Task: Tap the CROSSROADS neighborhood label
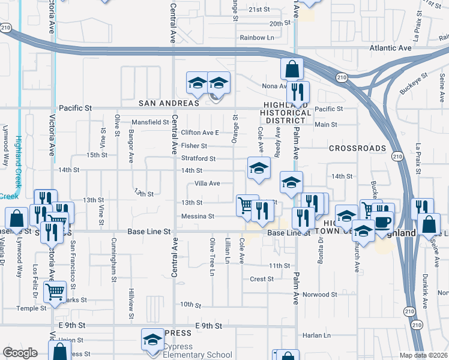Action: click(357, 148)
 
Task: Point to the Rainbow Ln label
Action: click(257, 37)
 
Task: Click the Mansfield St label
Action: click(150, 122)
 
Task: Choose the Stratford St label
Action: click(199, 158)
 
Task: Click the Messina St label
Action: click(197, 216)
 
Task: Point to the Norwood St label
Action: click(320, 295)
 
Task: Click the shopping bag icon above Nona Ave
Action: click(291, 69)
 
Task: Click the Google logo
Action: click(20, 353)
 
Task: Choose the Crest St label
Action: click(262, 279)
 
